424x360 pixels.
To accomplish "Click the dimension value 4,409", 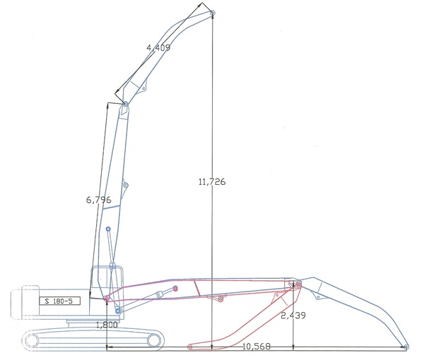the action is [158, 47].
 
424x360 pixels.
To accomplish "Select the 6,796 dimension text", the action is [98, 200].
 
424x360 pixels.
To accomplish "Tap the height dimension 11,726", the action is [212, 181].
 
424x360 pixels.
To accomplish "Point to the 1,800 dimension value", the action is [107, 325].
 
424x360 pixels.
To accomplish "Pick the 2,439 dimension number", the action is [293, 315].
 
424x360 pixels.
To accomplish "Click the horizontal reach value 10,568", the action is [257, 346].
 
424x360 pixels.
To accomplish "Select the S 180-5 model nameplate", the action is [60, 301].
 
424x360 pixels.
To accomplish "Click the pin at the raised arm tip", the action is [213, 13].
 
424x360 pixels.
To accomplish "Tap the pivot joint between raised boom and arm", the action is [125, 104].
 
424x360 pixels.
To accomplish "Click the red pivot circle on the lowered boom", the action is [175, 289].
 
